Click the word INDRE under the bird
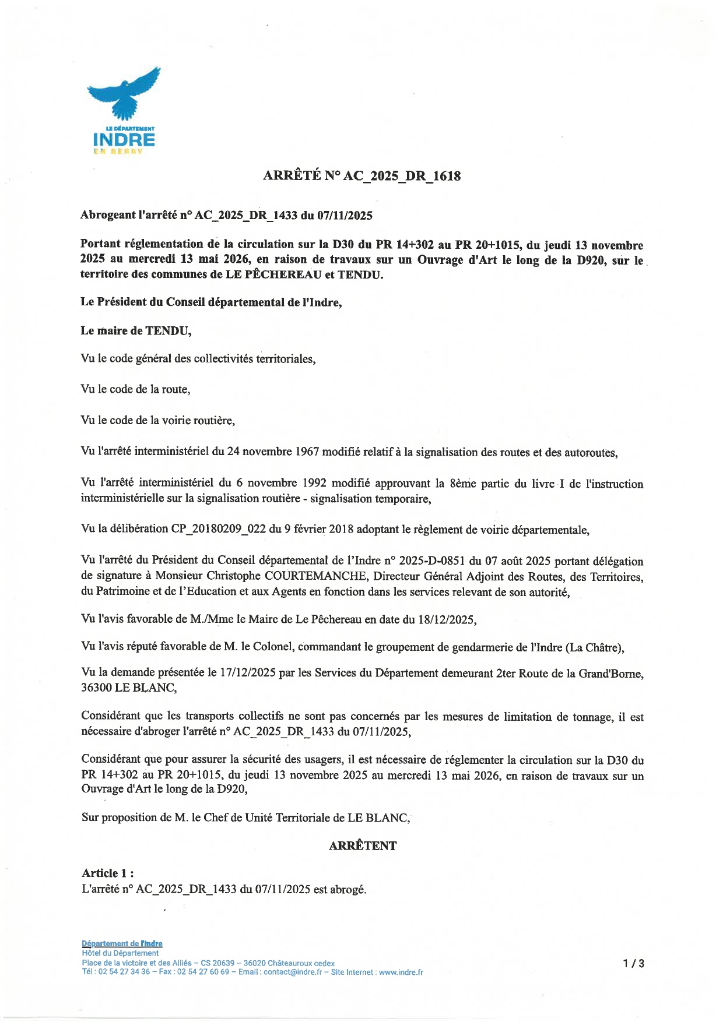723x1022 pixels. [x=124, y=140]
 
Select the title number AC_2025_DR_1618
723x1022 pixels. [x=402, y=176]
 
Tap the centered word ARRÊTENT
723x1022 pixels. [x=362, y=846]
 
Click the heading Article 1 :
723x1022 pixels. [x=108, y=873]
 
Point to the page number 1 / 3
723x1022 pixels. [x=633, y=963]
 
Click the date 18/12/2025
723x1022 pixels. [x=446, y=619]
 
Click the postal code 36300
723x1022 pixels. [x=96, y=688]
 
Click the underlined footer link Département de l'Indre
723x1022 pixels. [x=122, y=944]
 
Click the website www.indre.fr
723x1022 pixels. [x=401, y=972]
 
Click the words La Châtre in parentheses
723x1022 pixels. [x=594, y=647]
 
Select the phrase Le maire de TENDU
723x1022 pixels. [x=136, y=331]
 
